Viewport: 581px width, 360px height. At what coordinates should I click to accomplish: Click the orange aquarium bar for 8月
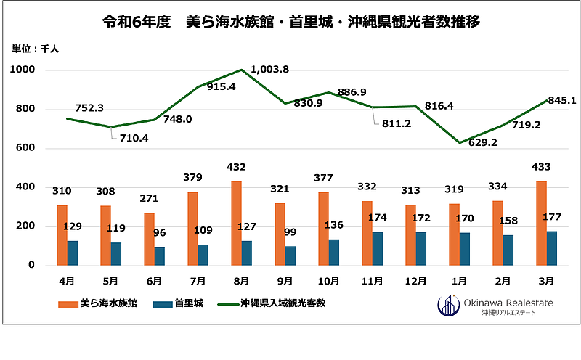[x=236, y=223]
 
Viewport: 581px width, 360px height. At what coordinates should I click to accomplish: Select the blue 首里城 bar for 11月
[x=378, y=248]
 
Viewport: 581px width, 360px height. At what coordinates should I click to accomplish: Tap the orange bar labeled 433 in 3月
[x=541, y=223]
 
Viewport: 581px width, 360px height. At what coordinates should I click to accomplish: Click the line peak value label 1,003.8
[x=270, y=69]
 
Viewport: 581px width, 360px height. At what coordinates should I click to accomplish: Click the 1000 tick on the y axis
[x=23, y=70]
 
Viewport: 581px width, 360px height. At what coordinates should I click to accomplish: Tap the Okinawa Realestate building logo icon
[x=447, y=306]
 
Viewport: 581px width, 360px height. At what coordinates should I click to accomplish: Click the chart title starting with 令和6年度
[x=291, y=22]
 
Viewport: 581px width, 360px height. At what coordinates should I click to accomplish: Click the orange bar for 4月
[x=62, y=235]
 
